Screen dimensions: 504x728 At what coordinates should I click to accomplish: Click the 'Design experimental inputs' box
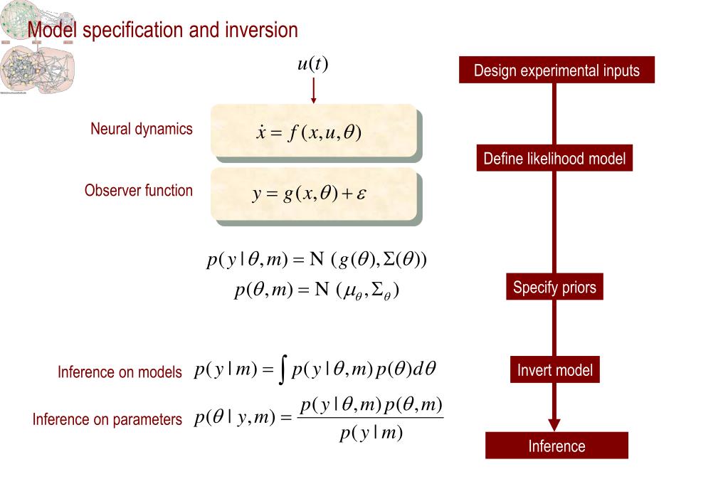point(556,70)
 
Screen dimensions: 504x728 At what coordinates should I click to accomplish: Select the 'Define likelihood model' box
point(554,158)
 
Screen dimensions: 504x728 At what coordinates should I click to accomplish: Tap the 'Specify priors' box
point(554,288)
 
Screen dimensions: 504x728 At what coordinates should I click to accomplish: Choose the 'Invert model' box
point(554,370)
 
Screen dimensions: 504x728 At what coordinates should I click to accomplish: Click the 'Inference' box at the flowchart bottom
point(556,446)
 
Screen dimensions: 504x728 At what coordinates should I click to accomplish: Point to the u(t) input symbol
point(312,64)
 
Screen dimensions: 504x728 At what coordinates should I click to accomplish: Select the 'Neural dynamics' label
point(141,129)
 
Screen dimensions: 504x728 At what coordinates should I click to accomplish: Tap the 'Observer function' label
point(138,191)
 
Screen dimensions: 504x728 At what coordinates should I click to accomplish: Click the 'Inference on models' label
point(120,372)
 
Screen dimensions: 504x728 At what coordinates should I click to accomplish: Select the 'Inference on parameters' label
point(107,420)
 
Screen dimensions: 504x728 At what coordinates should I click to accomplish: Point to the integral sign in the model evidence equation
point(283,370)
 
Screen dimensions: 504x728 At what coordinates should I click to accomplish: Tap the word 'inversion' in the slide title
point(261,31)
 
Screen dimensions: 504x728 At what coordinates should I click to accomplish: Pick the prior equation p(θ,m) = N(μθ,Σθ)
point(317,291)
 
